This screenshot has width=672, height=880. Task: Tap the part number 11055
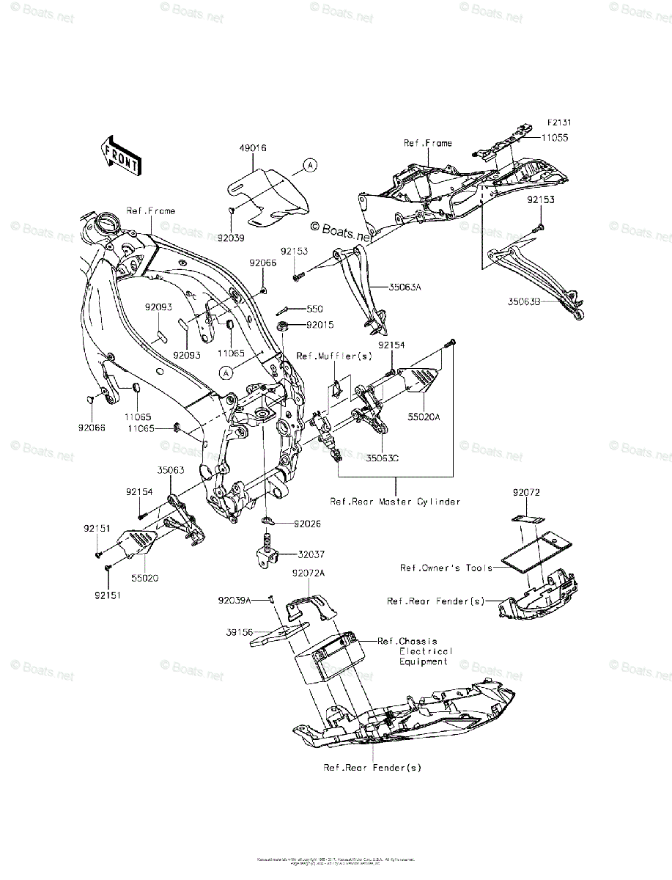click(576, 137)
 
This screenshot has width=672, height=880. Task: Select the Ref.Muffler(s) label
click(335, 356)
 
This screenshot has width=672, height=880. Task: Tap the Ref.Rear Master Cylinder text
click(395, 502)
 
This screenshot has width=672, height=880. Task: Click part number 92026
click(308, 524)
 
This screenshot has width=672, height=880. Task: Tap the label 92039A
click(234, 599)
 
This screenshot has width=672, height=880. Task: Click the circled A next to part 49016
click(310, 166)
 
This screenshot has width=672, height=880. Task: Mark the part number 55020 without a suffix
click(145, 578)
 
